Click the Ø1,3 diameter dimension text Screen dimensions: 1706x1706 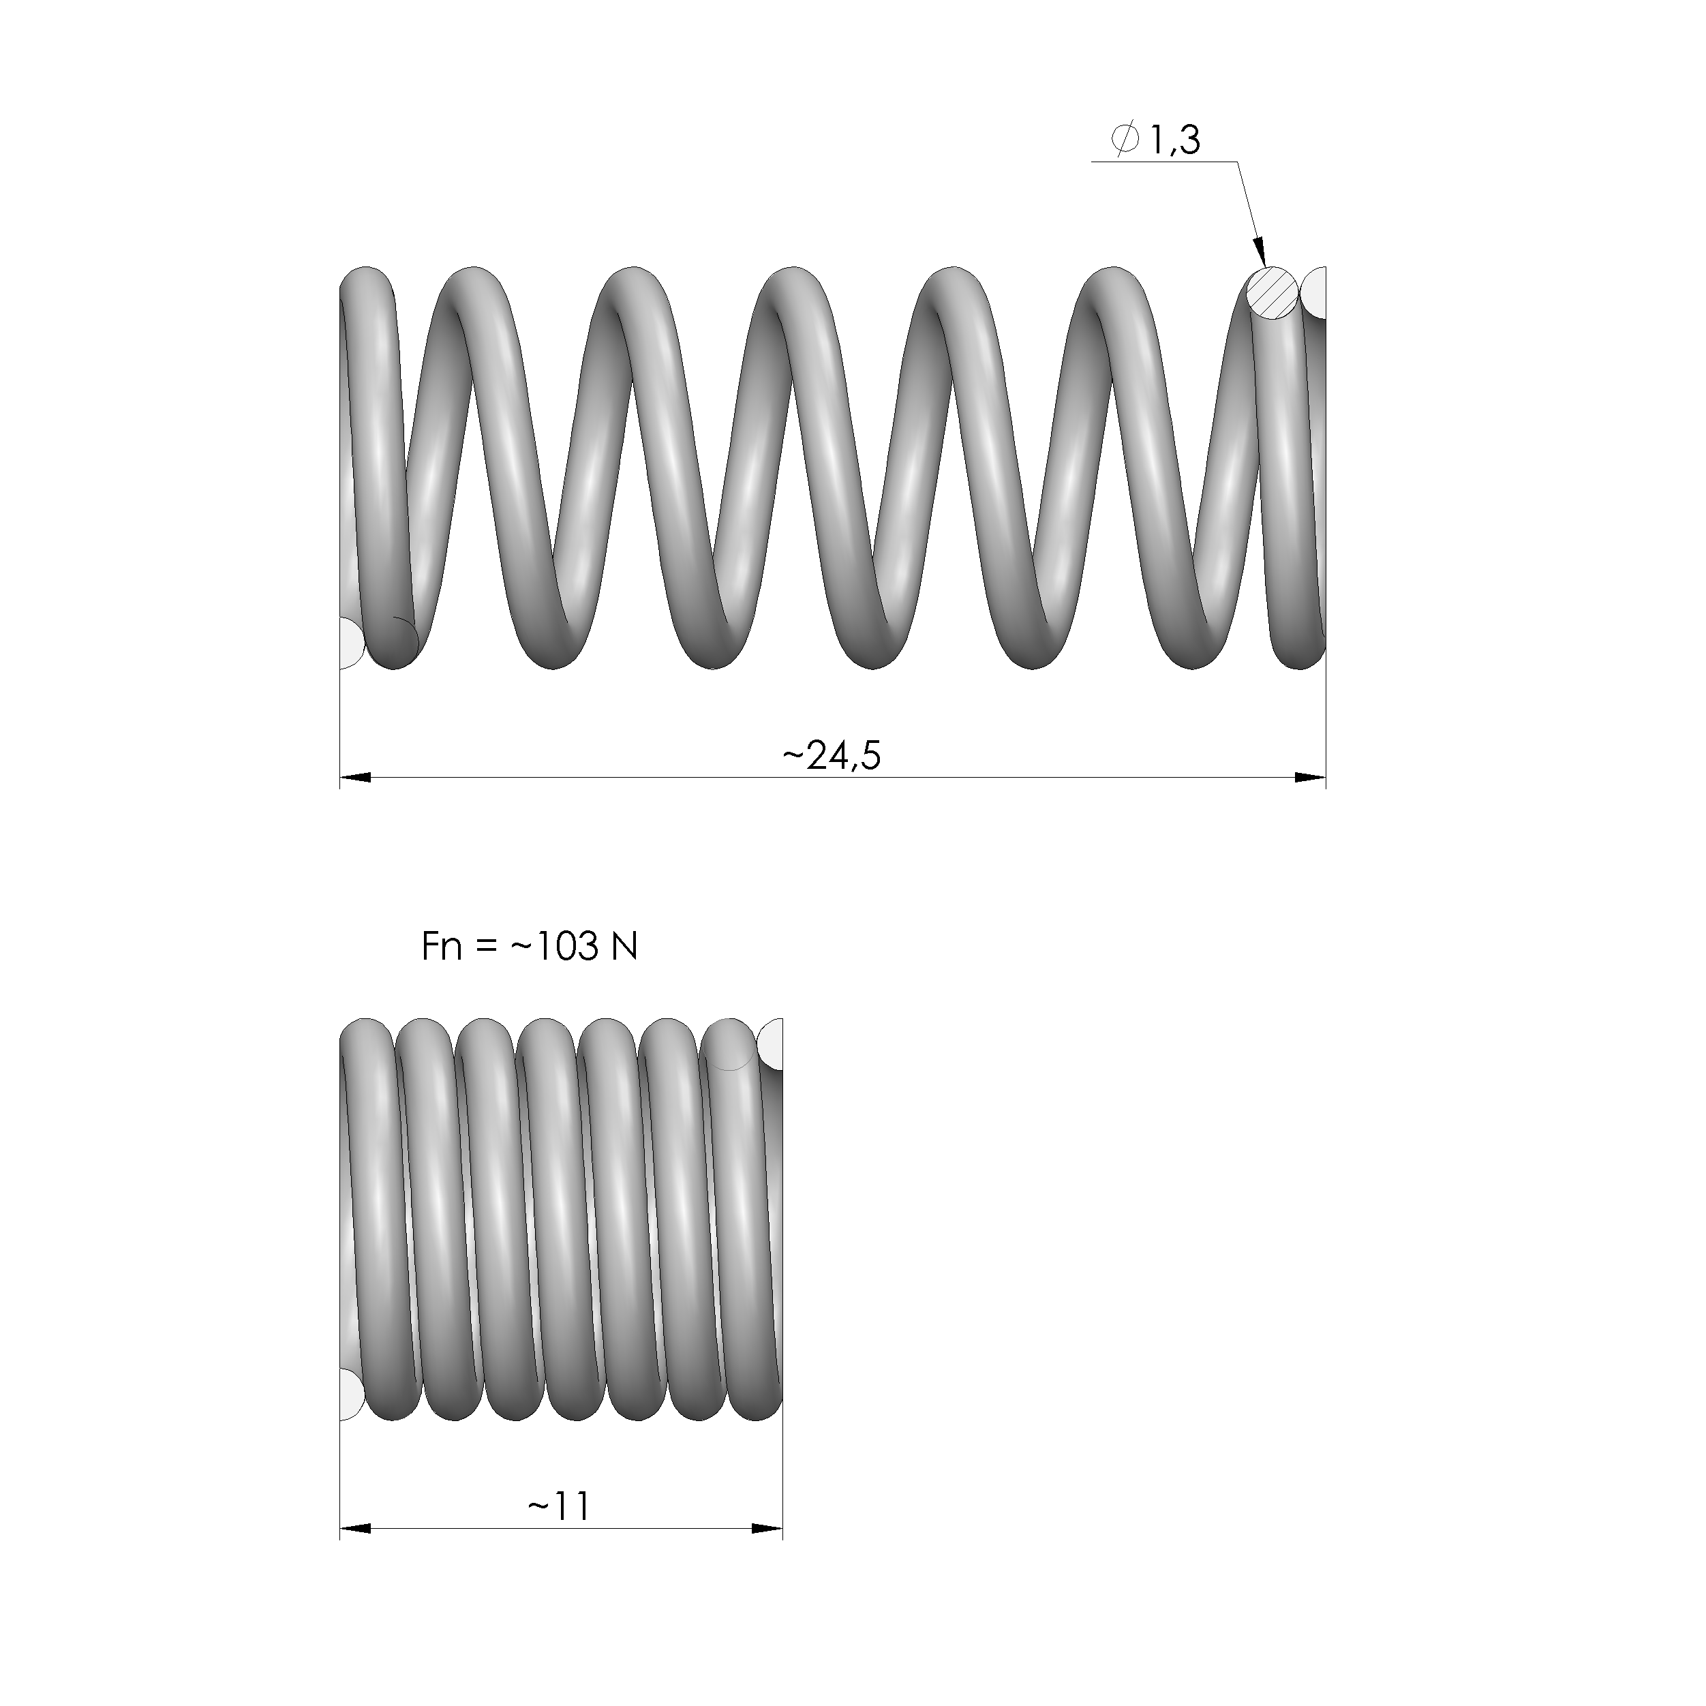coord(1157,140)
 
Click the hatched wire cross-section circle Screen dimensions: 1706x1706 coord(1273,293)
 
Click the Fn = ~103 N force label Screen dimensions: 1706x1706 coord(529,947)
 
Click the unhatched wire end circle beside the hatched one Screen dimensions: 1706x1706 coord(1315,293)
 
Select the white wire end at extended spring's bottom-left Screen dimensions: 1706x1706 coord(350,642)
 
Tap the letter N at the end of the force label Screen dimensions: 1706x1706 coord(624,947)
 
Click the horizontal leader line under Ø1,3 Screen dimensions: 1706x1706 coord(1164,162)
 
